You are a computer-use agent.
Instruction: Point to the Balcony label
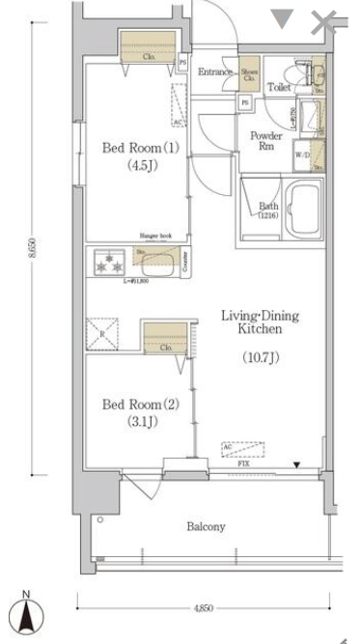point(205,526)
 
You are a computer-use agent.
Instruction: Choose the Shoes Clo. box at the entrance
point(250,73)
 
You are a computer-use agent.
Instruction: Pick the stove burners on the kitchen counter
point(108,261)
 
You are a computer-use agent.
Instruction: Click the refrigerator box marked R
point(101,334)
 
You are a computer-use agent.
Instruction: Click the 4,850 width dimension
point(204,609)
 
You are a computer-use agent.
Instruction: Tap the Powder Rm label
point(266,141)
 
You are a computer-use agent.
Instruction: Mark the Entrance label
point(216,73)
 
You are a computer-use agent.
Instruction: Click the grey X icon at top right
point(323,22)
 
